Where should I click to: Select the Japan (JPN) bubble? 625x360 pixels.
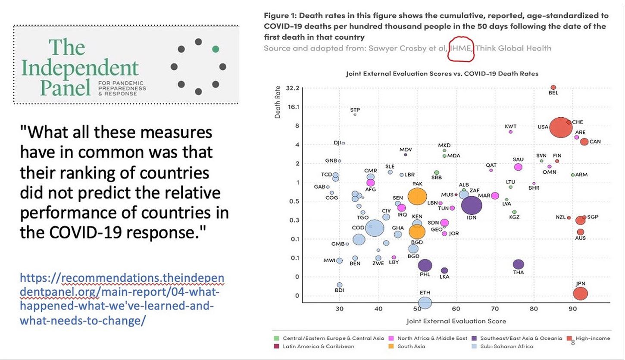coord(581,294)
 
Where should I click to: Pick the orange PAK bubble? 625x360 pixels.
coord(417,196)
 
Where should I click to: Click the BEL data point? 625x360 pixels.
coord(553,87)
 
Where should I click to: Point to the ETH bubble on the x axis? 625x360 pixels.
coord(425,303)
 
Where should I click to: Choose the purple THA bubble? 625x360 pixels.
coord(518,264)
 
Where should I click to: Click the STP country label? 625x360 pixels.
coord(355,110)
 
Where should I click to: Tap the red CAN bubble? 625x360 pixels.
coord(584,141)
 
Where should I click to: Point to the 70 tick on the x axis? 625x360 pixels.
coord(495,309)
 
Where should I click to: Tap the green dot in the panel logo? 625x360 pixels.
coord(216,49)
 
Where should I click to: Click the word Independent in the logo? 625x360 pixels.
coord(80,68)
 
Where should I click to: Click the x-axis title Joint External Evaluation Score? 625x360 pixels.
coord(456,321)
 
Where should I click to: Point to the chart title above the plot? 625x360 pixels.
coord(442,74)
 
